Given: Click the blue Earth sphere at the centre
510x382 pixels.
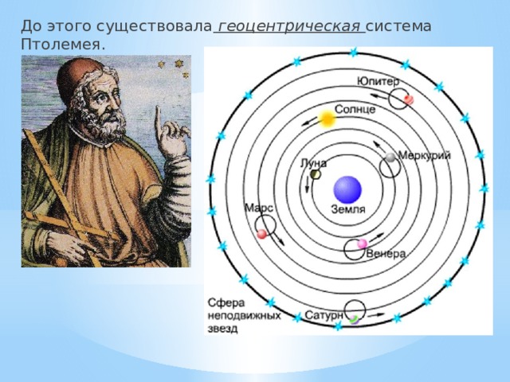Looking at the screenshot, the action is coord(347,190).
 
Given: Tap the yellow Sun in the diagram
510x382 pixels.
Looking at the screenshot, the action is coord(327,119).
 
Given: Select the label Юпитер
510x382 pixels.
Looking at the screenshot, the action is coord(378,82).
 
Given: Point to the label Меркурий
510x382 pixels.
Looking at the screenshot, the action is coord(425,156).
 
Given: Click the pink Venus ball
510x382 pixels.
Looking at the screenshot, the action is coord(362,244).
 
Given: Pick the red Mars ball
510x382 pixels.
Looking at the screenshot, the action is coord(261,234).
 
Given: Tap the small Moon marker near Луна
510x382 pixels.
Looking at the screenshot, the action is coord(316,175).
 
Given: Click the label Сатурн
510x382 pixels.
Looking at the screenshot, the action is coord(324,315).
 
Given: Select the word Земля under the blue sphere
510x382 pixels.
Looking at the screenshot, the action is coord(348,209).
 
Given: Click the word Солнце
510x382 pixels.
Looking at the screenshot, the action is coord(355,109).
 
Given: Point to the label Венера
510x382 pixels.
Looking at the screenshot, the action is coord(386,253).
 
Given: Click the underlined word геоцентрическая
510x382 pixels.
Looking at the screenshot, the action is coord(289,27).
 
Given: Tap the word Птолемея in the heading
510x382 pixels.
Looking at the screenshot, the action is coord(63,45).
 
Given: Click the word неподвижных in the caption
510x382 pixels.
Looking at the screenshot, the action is coord(245,316).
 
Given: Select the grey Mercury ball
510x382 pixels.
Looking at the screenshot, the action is coord(390,158).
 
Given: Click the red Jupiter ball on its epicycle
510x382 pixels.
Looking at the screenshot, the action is coord(409,99).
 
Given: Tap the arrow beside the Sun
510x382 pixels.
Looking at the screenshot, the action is coord(309,122).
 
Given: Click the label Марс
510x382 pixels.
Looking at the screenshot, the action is coord(258,209).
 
